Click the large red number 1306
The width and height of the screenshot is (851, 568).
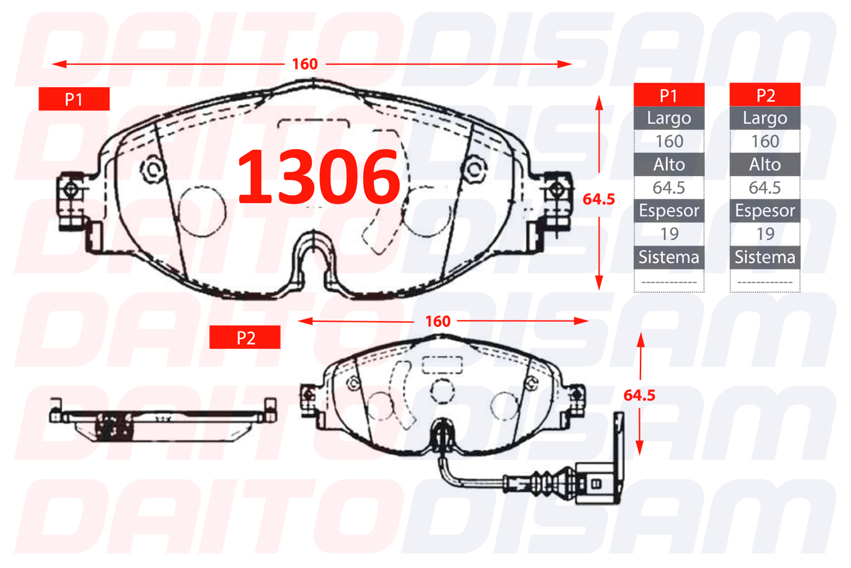pyautogui.click(x=318, y=177)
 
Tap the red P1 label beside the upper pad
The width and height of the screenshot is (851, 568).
pyautogui.click(x=74, y=99)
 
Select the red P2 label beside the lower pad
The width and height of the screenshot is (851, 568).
pyautogui.click(x=245, y=337)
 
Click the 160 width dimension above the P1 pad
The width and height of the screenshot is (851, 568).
pyautogui.click(x=304, y=64)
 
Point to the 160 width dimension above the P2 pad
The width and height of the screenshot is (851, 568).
pyautogui.click(x=437, y=321)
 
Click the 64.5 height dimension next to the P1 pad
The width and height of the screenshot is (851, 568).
pyautogui.click(x=599, y=199)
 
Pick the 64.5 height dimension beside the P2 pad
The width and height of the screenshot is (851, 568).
pyautogui.click(x=639, y=395)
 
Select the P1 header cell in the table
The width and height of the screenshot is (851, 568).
pyautogui.click(x=669, y=95)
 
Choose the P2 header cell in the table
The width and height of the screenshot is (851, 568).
pyautogui.click(x=765, y=95)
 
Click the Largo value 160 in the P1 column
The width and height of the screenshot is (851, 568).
pyautogui.click(x=669, y=141)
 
